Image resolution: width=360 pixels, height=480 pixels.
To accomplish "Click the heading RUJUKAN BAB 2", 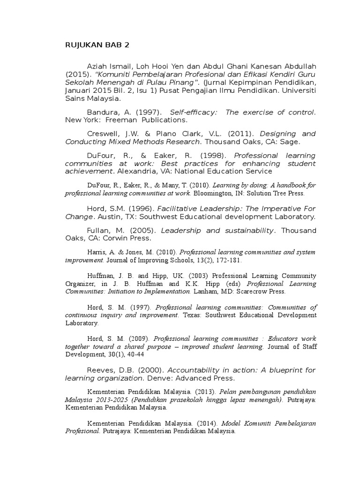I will [x=97, y=45].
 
